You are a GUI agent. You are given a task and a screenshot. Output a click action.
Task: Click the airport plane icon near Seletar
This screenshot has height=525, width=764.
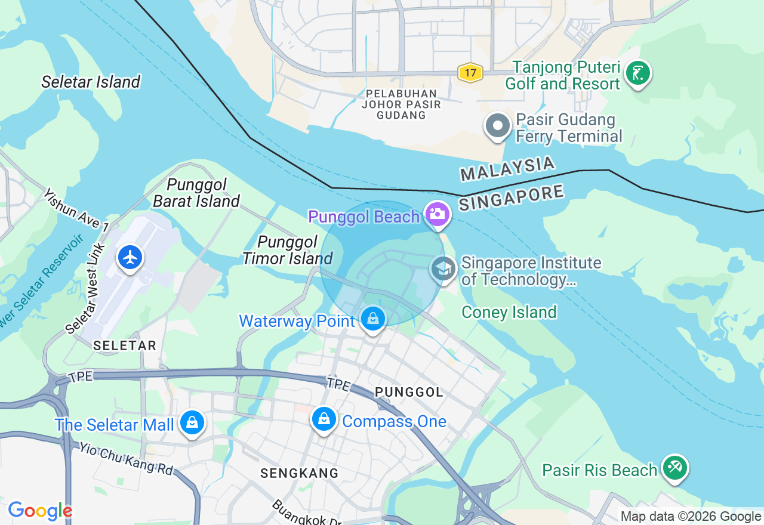coord(130,257)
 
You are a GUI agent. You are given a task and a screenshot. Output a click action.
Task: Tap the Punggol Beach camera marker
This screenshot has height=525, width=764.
coord(438,214)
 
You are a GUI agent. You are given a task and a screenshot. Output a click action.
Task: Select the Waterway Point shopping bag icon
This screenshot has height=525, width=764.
coord(373,319)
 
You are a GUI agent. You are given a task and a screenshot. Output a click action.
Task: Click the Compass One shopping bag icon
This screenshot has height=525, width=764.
coord(324,419)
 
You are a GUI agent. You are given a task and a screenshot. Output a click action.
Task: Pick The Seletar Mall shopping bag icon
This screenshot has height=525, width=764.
coord(192,422)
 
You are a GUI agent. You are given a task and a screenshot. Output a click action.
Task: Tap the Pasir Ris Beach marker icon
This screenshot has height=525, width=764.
coord(675,467)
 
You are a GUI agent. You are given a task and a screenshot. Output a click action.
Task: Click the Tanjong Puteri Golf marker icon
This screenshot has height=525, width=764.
coord(637,73)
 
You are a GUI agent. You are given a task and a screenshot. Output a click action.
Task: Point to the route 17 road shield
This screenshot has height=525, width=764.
coord(470,73)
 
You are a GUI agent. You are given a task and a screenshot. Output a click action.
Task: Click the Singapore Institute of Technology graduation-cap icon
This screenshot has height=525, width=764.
coord(443,269)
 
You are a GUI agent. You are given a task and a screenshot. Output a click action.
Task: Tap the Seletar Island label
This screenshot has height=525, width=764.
coord(91,82)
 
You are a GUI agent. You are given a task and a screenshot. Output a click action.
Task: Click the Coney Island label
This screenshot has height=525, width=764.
coord(509,312)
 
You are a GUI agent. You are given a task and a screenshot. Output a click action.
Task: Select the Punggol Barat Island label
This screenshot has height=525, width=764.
coord(196,193)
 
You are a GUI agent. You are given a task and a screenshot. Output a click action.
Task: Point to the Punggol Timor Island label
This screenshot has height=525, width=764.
coord(288,250)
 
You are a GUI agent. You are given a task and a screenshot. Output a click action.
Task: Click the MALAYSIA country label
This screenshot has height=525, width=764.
coord(507,169)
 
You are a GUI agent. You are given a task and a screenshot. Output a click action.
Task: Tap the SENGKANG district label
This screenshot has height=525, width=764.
coord(300,473)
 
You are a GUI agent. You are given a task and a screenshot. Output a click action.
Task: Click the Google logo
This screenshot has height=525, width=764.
coord(40,511)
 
